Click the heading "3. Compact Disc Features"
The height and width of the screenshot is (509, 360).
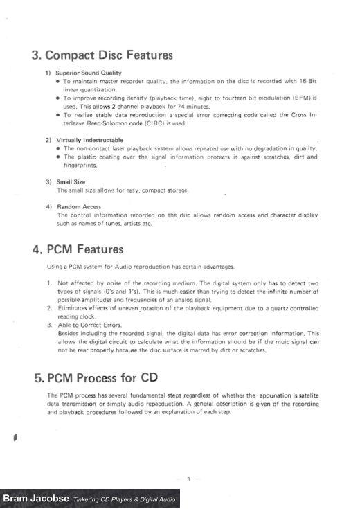tap(102, 55)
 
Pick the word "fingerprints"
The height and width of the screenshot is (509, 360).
tap(80, 166)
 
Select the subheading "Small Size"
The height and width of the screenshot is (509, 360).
tap(71, 181)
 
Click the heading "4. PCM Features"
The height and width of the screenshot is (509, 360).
tap(78, 249)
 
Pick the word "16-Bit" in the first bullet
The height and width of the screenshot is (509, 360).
tap(307, 82)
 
